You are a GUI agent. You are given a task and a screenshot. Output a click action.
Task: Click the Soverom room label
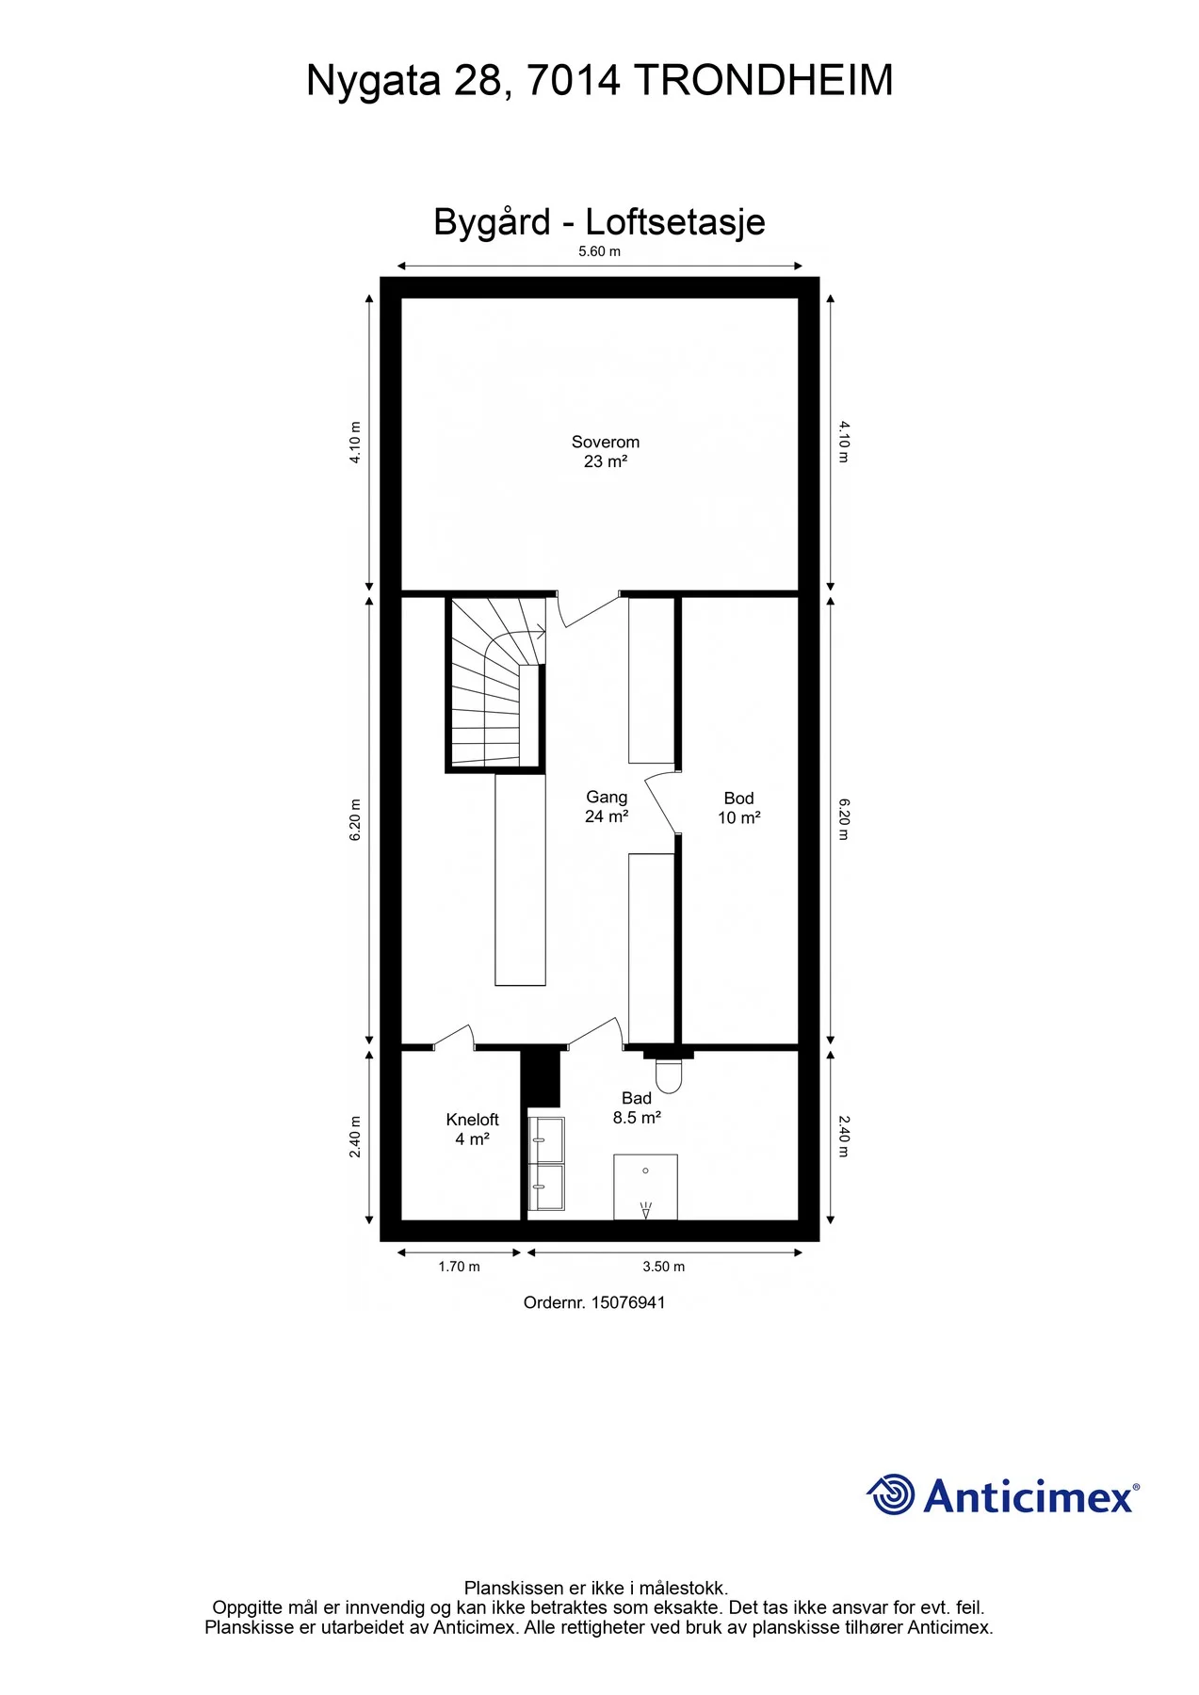coord(605,451)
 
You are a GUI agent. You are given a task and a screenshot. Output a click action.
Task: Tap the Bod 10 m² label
coord(738,808)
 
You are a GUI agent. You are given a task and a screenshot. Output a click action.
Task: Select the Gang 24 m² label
coord(607,807)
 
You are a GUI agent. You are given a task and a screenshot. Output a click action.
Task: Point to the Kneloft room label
coord(472,1129)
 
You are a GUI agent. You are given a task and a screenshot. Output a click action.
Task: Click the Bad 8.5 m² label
coord(637,1107)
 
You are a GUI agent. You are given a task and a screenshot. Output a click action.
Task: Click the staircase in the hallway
coord(495,684)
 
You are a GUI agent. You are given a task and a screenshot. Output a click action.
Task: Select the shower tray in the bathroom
coord(645,1186)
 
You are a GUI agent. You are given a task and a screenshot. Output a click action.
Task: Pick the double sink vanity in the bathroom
coord(546,1163)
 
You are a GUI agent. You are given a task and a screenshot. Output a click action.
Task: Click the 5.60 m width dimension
coord(599,251)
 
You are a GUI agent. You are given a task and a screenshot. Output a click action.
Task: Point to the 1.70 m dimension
coord(459,1267)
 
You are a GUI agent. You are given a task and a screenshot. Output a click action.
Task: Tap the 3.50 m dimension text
coord(664,1267)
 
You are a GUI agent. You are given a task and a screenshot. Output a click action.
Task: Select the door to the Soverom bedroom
coord(589,610)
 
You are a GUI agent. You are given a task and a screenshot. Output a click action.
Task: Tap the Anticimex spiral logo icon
coord(890,1494)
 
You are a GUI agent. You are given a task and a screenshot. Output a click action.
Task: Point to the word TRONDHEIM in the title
coord(764,80)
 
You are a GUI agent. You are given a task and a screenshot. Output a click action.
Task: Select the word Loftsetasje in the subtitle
coord(675,222)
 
